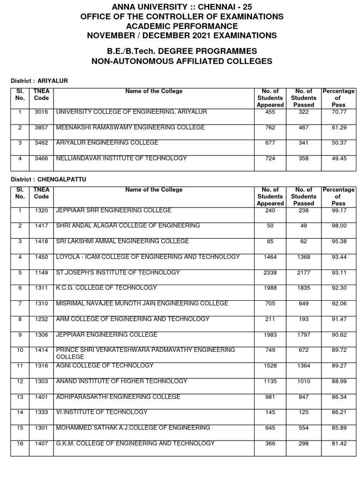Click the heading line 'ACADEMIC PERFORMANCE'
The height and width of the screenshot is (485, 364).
coord(182,26)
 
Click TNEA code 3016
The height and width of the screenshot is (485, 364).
coord(41,112)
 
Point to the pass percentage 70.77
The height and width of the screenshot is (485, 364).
coord(339,112)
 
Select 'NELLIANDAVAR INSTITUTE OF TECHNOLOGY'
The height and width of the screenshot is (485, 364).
coord(121,159)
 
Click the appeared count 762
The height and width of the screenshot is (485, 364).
coord(270,128)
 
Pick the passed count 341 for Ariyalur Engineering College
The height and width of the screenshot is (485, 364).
coord(303,143)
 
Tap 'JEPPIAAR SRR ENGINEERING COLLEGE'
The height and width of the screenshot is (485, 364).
coord(114,211)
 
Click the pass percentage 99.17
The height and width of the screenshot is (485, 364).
coord(339,211)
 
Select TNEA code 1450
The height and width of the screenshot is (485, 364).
coord(41,257)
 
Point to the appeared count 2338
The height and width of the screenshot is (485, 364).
coord(270,273)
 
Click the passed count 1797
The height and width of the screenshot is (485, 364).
coord(303,335)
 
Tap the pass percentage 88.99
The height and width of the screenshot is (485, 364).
coord(339,381)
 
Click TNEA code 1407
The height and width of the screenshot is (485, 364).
coord(41,443)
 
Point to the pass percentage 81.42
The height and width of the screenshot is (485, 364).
coord(339,443)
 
